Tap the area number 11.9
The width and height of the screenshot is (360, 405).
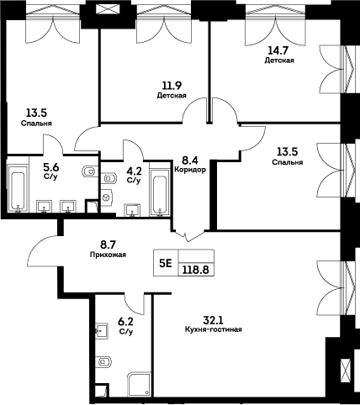tap(171, 85)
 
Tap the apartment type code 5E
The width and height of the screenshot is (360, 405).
tap(165, 262)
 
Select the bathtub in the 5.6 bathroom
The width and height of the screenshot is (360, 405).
tap(18, 189)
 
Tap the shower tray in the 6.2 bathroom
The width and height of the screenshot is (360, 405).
tap(135, 384)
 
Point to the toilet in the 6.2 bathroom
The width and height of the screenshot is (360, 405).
tap(105, 362)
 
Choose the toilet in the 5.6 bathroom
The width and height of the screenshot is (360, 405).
tap(90, 172)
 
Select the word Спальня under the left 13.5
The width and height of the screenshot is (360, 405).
tap(37, 123)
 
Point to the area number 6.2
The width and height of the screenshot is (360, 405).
tap(126, 321)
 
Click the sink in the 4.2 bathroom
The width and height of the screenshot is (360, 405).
tap(132, 209)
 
